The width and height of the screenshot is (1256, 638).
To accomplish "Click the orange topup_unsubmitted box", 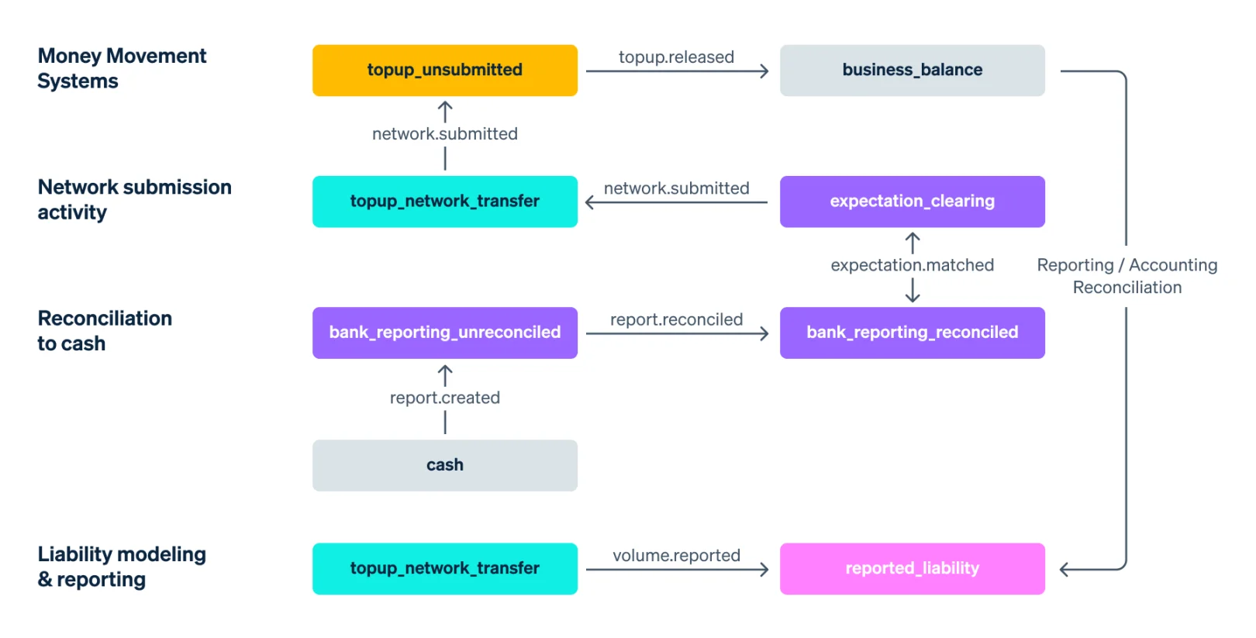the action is coord(445,70).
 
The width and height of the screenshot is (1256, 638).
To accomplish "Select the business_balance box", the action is coord(913,70).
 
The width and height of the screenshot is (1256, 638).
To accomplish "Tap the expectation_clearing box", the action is coord(913,202).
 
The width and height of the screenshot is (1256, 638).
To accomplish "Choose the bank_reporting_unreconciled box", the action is coord(445,333).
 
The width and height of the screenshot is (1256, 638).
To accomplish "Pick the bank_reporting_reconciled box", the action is coord(913,333).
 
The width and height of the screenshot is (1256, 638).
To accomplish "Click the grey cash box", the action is coord(445,465).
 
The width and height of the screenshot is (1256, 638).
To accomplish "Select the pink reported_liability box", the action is coord(913,568).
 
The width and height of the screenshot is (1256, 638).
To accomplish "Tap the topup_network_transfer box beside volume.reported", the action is coord(445,568).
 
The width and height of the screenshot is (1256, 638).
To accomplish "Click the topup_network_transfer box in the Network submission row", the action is coord(445,202).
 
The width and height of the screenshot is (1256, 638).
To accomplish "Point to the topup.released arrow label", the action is coord(676,57).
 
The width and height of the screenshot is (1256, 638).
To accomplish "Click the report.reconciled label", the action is coord(676,319).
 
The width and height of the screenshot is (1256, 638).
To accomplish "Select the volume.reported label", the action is coord(676,555).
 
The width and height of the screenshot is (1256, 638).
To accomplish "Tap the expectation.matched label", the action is coord(913,264).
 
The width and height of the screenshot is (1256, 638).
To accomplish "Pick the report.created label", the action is coord(445,398).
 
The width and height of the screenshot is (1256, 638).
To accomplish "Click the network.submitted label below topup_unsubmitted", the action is coord(445,133).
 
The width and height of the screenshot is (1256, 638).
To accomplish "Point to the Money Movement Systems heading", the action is coord(122,68).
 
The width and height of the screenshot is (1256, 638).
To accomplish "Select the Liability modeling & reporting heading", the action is coord(122,566).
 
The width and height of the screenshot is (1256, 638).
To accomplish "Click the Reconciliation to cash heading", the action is coord(105,330).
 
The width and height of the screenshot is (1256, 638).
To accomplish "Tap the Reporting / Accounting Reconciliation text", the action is coord(1127,276).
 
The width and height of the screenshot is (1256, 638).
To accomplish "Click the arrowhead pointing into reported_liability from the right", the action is coord(1064,570).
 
